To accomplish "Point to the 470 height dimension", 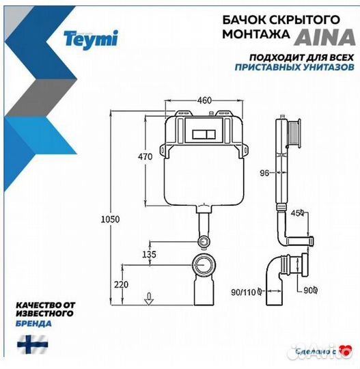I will tap(145, 156).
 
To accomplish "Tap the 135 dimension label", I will tap(148, 254).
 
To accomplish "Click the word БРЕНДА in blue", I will tap(30, 323).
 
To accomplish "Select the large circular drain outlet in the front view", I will tap(204, 263).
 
